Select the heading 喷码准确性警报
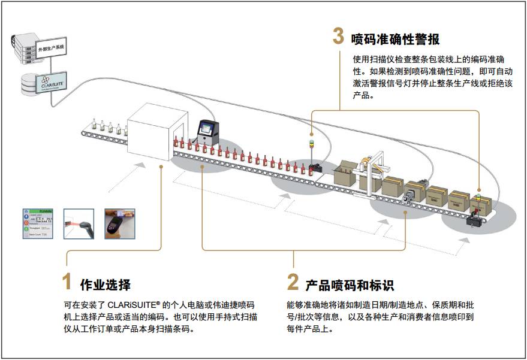396,40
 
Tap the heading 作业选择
105,285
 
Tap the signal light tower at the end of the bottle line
311,147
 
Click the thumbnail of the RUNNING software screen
38,223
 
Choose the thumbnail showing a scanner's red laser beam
79,223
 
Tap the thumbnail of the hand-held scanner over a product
120,223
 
